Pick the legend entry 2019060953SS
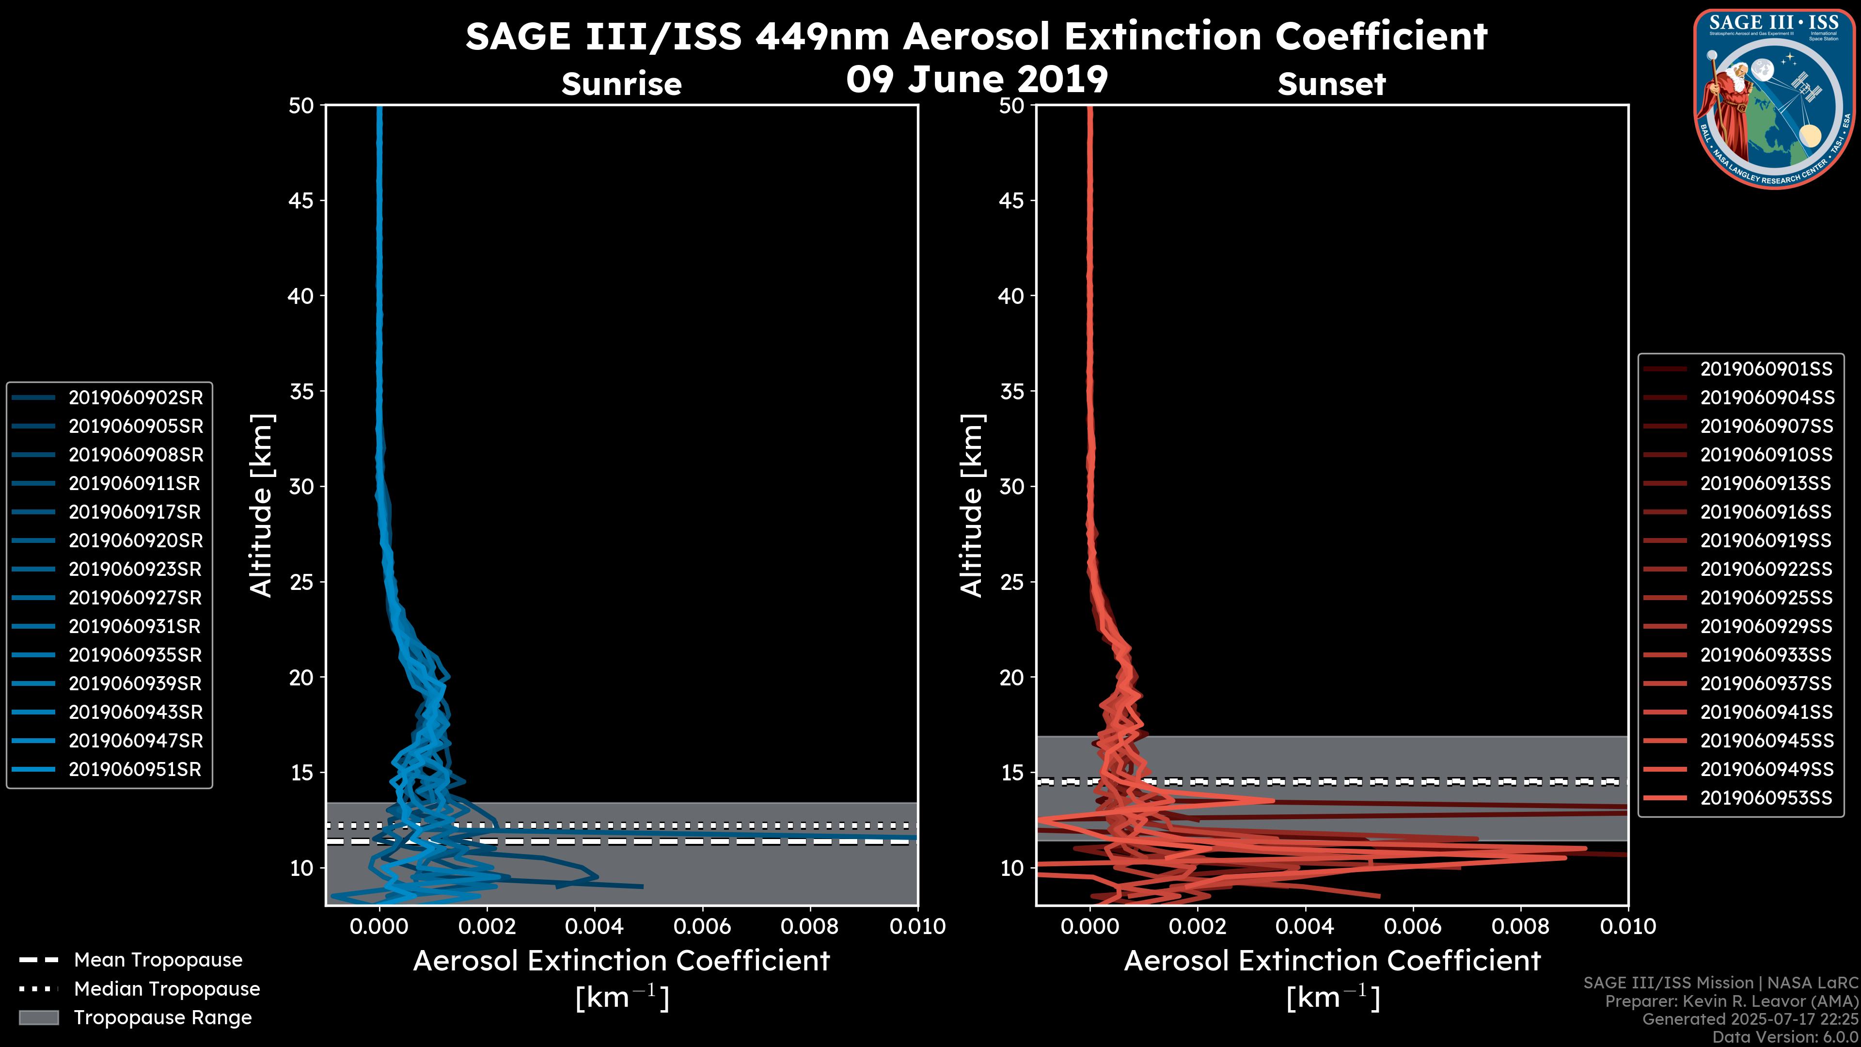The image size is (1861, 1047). click(x=1766, y=798)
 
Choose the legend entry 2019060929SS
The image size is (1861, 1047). click(x=1766, y=626)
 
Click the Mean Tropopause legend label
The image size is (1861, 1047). click(x=158, y=960)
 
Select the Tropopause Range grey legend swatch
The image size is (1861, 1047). click(x=39, y=1018)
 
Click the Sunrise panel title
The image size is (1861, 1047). click(x=621, y=84)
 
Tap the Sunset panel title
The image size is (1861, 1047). click(x=1331, y=84)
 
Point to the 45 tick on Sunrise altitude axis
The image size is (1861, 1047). click(x=301, y=201)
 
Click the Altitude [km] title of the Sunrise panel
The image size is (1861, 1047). click(x=262, y=506)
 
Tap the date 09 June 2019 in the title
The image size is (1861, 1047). click(x=977, y=79)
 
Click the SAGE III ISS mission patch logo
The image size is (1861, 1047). click(x=1773, y=99)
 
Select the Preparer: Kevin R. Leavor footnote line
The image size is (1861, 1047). click(x=1732, y=1001)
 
